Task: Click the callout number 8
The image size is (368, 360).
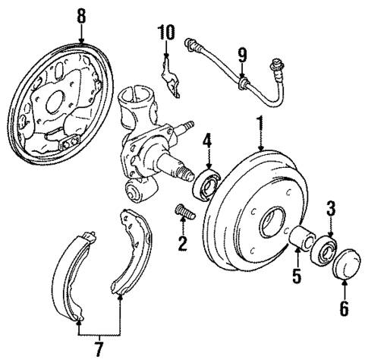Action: pos(81,15)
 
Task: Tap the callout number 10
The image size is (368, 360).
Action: pos(166,33)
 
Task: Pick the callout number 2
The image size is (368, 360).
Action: pos(181,243)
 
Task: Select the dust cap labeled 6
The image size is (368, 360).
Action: pos(345,262)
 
